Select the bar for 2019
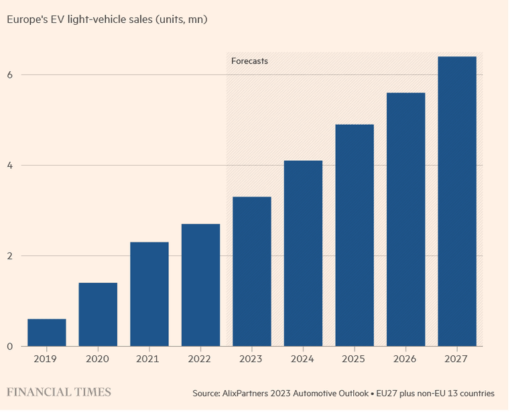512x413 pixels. coord(47,333)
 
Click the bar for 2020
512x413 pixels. coord(98,314)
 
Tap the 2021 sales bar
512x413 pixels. coord(149,294)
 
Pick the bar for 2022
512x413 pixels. coord(200,285)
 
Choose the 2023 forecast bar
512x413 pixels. coord(252,271)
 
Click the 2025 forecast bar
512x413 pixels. coord(355,235)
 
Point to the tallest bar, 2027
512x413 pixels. coord(457,201)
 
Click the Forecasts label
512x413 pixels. coord(249,61)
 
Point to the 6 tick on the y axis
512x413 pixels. coord(10,75)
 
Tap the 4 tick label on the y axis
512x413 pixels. coord(10,166)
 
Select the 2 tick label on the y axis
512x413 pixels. coord(10,256)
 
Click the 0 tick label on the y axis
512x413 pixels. coord(10,347)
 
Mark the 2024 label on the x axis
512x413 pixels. coord(302,359)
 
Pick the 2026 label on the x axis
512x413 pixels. coord(405,359)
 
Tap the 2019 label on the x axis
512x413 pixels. coord(46,359)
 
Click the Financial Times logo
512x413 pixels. coord(59,392)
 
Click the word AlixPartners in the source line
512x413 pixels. coord(246,393)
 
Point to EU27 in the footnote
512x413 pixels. coord(387,393)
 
